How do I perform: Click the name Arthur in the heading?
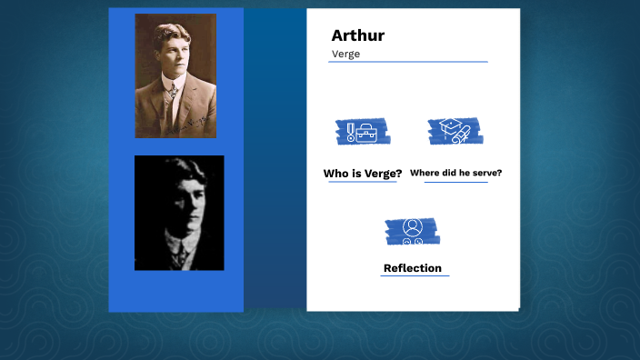tap(357, 35)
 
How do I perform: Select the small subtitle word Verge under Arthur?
tap(345, 54)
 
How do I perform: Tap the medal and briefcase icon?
tap(362, 133)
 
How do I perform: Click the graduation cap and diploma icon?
tap(455, 131)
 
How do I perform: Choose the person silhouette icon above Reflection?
tap(412, 231)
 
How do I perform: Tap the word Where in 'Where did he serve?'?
tap(425, 173)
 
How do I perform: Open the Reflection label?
tap(413, 268)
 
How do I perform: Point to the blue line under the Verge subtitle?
tap(408, 62)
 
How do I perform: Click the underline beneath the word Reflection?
tap(415, 275)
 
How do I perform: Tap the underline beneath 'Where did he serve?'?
tap(456, 182)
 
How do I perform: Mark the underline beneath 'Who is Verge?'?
tap(362, 182)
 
